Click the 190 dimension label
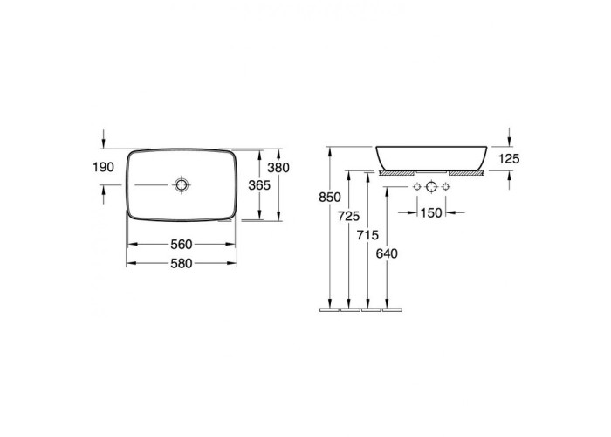point(103,168)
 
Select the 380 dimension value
point(278,168)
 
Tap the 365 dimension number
point(259,185)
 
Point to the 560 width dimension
point(182,245)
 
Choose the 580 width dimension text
point(182,264)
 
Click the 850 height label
point(330,198)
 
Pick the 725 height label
point(349,216)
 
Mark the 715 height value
point(367,235)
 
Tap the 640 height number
point(387,254)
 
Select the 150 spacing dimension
point(431,213)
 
